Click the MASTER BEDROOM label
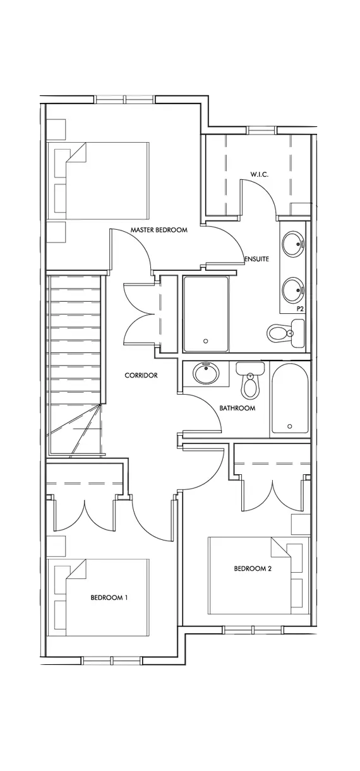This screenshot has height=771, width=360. (159, 230)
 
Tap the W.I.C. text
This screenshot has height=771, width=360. (260, 174)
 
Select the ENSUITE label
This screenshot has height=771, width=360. (256, 259)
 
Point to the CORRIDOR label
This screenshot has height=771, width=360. (141, 375)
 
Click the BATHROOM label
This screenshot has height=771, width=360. (237, 408)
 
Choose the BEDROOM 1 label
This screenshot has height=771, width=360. (109, 597)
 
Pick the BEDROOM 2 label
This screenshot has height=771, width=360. (253, 568)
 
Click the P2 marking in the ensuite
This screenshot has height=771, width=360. (300, 309)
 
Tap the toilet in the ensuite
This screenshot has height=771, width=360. (285, 333)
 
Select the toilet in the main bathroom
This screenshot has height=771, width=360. (251, 380)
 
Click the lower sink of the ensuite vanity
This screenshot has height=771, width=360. (293, 289)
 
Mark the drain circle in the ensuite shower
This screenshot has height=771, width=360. (206, 341)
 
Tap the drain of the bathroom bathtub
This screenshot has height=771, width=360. (290, 426)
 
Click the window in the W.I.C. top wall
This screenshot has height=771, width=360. (261, 129)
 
